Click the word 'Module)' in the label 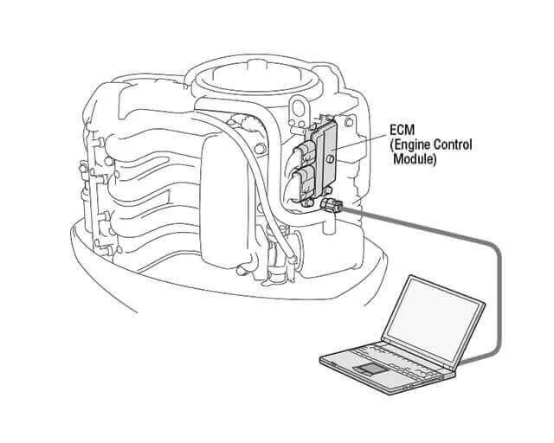pos(416,160)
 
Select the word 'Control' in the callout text pos(452,144)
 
